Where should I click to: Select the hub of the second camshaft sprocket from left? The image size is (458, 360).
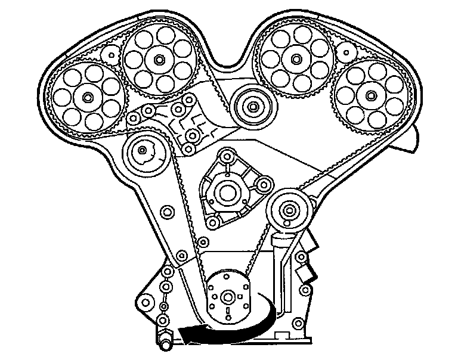click(x=159, y=60)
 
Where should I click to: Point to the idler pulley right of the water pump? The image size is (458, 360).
click(x=290, y=209)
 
